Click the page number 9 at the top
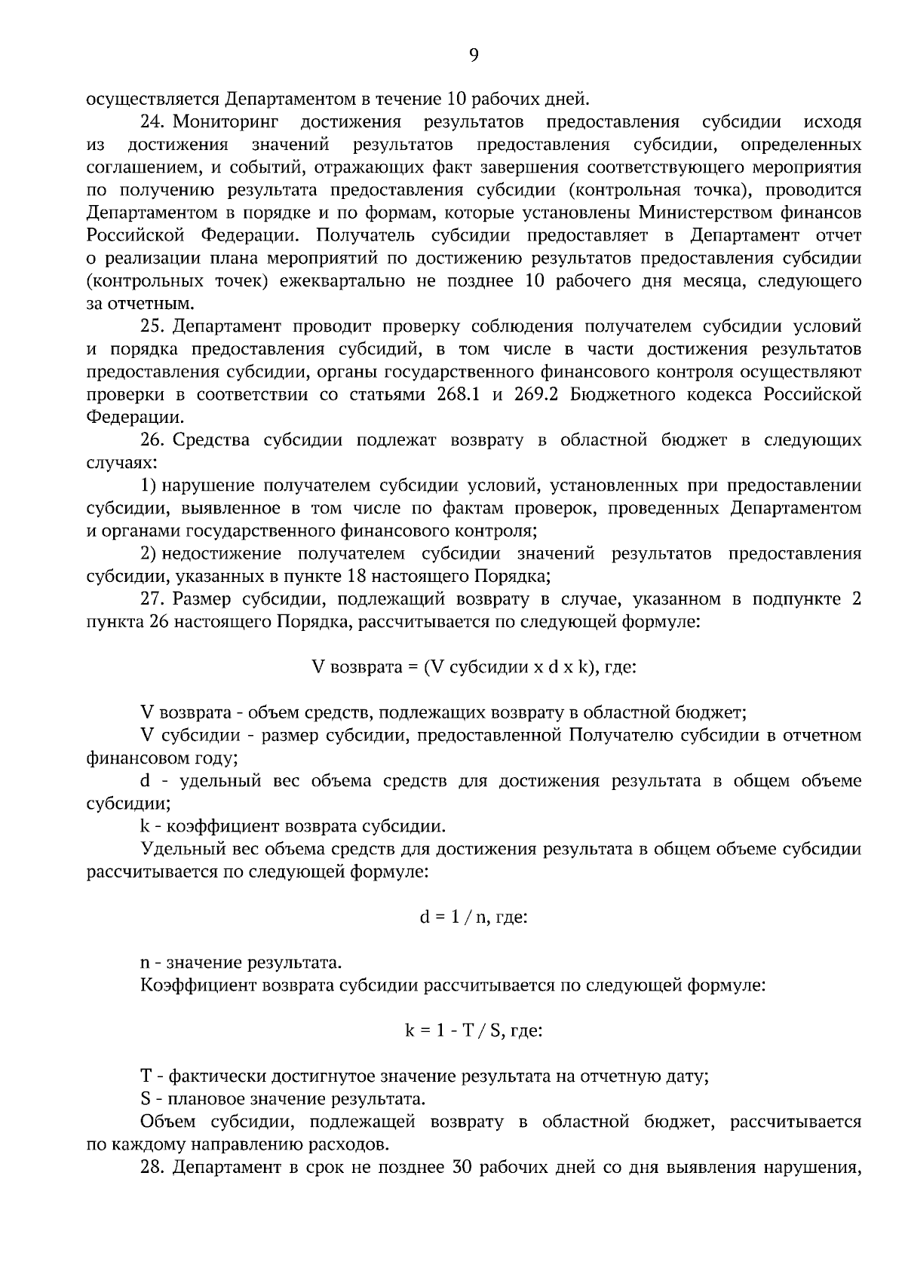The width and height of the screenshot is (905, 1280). click(x=474, y=54)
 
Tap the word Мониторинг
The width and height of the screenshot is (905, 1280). click(x=225, y=121)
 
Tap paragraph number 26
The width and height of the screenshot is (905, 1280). click(x=153, y=440)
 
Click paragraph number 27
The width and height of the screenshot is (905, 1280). click(x=153, y=599)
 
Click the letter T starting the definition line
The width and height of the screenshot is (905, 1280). click(x=146, y=1076)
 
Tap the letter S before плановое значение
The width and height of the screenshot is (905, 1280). click(x=146, y=1099)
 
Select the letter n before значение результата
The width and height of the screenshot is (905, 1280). click(x=146, y=963)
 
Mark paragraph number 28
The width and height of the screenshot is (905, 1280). click(x=153, y=1168)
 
